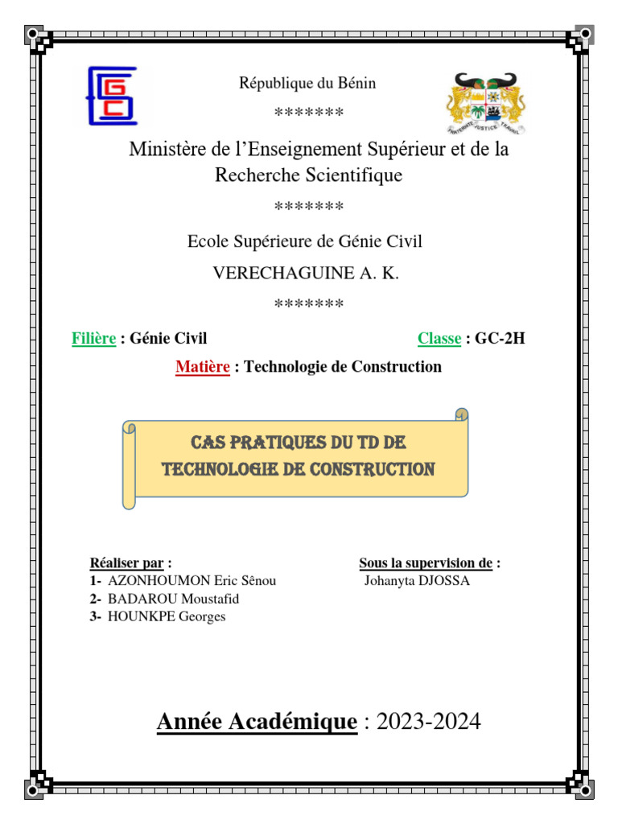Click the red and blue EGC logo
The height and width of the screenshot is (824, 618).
[112, 97]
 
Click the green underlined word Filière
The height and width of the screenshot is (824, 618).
[93, 339]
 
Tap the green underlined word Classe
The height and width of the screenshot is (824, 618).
[439, 339]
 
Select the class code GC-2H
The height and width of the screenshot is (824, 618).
[500, 339]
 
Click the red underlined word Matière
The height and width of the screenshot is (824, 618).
[204, 367]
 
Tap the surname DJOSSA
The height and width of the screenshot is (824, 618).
[443, 580]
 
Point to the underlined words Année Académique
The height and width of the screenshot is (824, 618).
[257, 722]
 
